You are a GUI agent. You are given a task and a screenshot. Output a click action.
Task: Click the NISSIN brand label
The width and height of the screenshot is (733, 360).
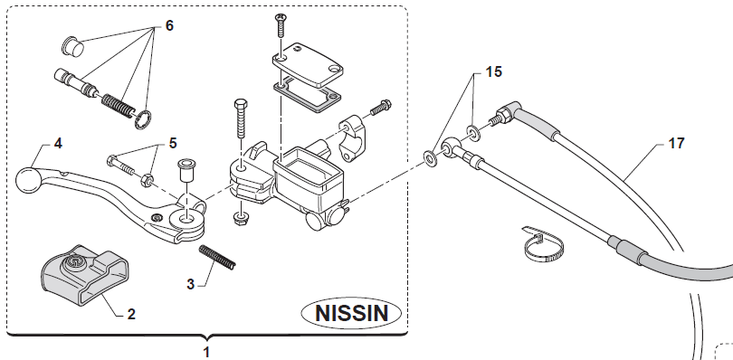point(351,313)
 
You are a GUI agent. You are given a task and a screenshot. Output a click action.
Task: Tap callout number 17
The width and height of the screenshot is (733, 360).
point(676,143)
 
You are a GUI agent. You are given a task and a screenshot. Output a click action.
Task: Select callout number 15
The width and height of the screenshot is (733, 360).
point(494,71)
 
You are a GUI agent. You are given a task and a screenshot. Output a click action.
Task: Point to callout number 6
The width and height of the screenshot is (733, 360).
point(169,25)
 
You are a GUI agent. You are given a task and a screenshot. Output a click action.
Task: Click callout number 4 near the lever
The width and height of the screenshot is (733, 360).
point(58,143)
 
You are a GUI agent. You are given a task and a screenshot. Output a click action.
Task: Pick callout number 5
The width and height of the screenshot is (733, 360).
point(173,143)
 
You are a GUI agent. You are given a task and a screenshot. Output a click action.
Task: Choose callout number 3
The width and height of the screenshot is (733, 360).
point(190,284)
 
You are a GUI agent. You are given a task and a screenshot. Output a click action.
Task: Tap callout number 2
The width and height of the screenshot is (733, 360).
point(131,314)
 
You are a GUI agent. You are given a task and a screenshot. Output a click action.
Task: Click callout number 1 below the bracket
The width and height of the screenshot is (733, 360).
point(207,352)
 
